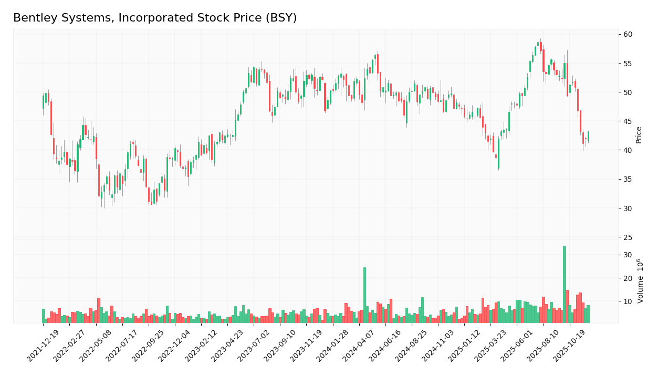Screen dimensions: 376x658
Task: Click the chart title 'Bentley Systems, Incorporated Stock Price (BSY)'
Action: pos(155,18)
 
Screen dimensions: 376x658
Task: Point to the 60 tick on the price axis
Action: pos(628,34)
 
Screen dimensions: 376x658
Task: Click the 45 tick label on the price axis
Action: pos(628,121)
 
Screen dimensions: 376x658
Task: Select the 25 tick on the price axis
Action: pos(628,237)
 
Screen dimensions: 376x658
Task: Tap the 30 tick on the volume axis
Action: pos(628,255)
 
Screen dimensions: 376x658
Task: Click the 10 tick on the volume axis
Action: pos(628,301)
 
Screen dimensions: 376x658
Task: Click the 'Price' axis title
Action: pos(639,134)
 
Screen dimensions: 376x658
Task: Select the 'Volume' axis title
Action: pos(640,281)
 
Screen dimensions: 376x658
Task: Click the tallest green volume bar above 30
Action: pos(565,284)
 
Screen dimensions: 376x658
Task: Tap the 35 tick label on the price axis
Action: pos(628,180)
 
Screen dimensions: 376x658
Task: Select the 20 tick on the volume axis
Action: pos(628,278)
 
